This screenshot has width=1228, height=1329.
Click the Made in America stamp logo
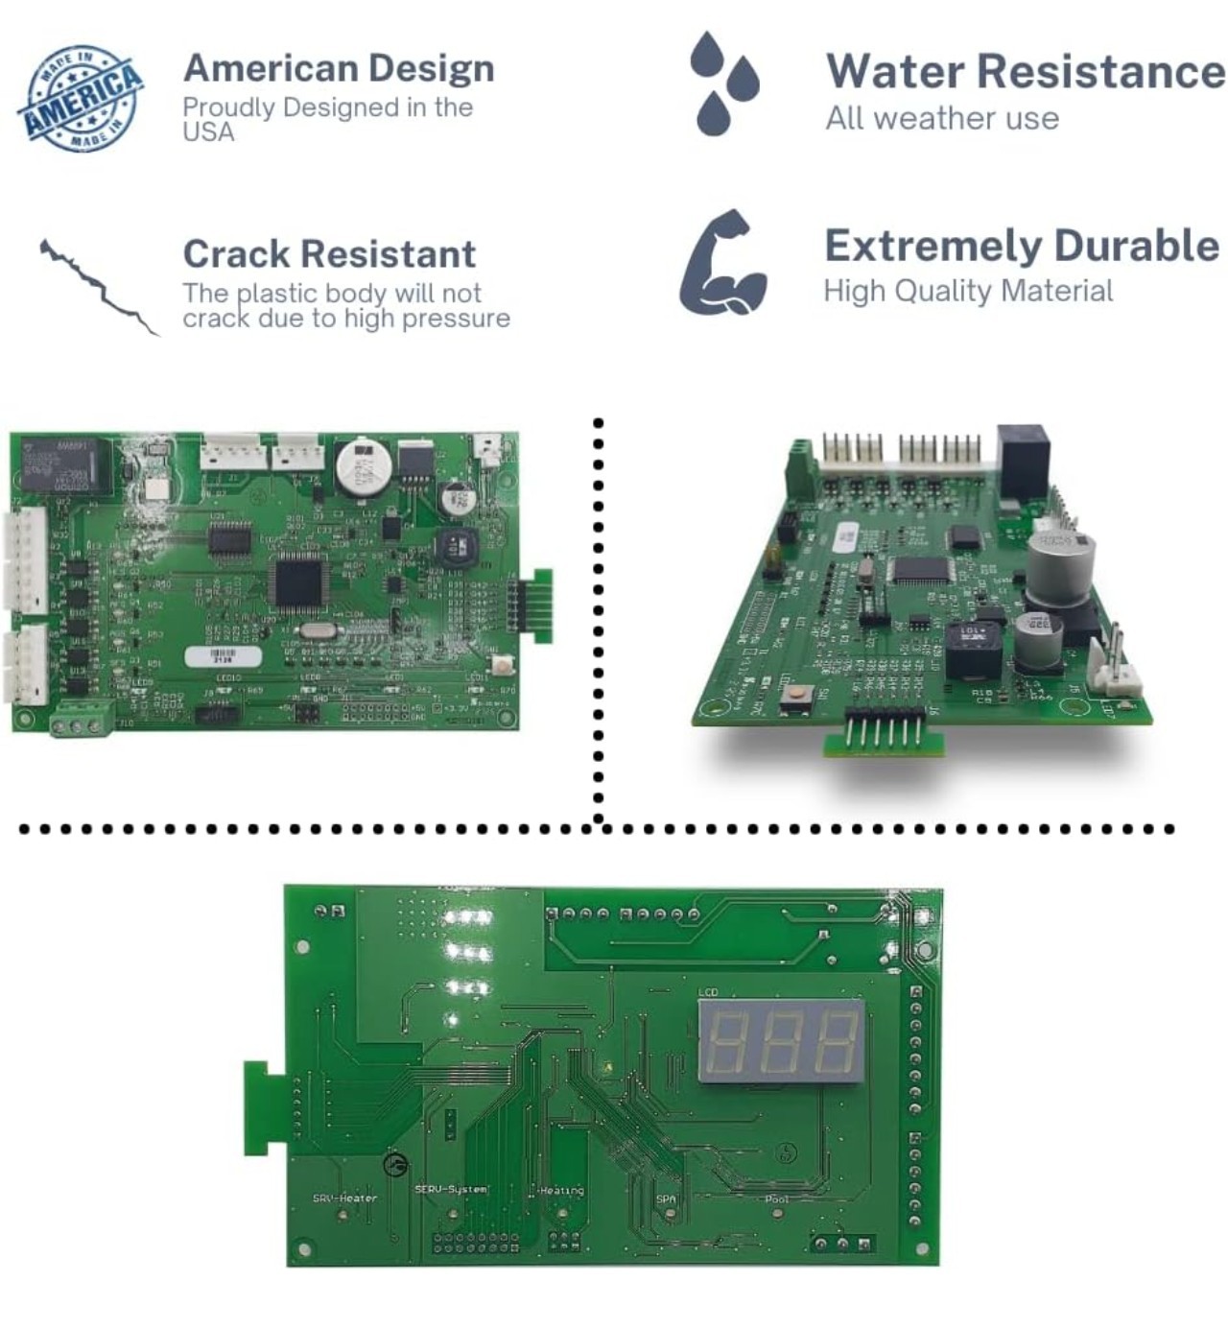(x=81, y=98)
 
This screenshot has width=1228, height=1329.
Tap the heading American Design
(x=339, y=68)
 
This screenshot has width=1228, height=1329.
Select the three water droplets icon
(x=723, y=83)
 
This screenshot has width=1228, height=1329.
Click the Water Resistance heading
(x=1025, y=71)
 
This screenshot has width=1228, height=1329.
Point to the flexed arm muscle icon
(x=723, y=263)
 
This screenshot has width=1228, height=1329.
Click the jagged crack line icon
(x=99, y=286)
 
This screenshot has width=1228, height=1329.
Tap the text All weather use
(x=942, y=118)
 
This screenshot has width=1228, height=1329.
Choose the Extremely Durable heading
(x=1022, y=246)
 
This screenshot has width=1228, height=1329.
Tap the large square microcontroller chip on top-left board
(x=298, y=581)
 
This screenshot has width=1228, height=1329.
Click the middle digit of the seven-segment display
(x=783, y=1041)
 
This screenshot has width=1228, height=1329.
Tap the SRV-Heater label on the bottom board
(x=344, y=1198)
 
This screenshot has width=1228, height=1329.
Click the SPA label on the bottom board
(x=666, y=1199)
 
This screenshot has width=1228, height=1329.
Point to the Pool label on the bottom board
(x=777, y=1199)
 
